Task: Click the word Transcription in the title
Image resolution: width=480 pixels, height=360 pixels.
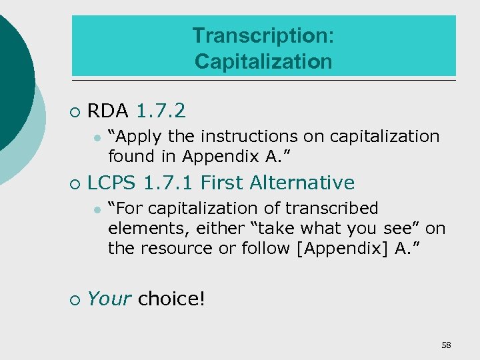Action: pos(263,35)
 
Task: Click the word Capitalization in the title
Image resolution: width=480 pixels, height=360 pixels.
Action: pos(263,61)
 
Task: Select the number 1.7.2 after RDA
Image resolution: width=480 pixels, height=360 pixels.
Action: pos(161,110)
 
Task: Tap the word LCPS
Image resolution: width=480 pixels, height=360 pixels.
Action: pos(113,183)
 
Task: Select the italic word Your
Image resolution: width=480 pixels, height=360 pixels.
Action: pos(109,299)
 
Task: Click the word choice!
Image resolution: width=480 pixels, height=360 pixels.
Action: pos(171,299)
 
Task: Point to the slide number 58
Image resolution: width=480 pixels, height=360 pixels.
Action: pos(446,345)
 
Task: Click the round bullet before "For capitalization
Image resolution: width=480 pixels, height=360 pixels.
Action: pos(97,210)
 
